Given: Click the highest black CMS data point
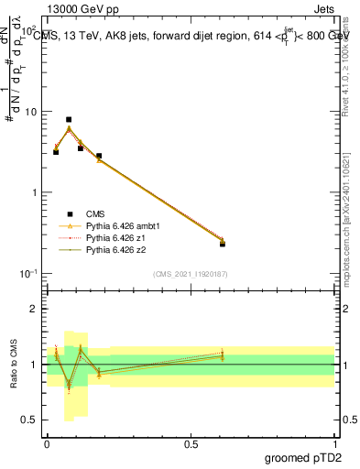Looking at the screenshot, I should tap(69, 119).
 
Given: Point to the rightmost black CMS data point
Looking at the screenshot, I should tap(223, 244).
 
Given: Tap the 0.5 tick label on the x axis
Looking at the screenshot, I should tap(191, 442).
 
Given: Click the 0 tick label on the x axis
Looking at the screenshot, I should tap(47, 442).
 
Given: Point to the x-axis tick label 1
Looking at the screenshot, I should tap(334, 442).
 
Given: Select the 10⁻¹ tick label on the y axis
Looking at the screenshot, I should tap(28, 274).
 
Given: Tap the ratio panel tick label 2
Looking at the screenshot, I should tap(34, 309).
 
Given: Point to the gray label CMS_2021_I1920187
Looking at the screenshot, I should tap(191, 274).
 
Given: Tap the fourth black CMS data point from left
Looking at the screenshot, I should tap(99, 156).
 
